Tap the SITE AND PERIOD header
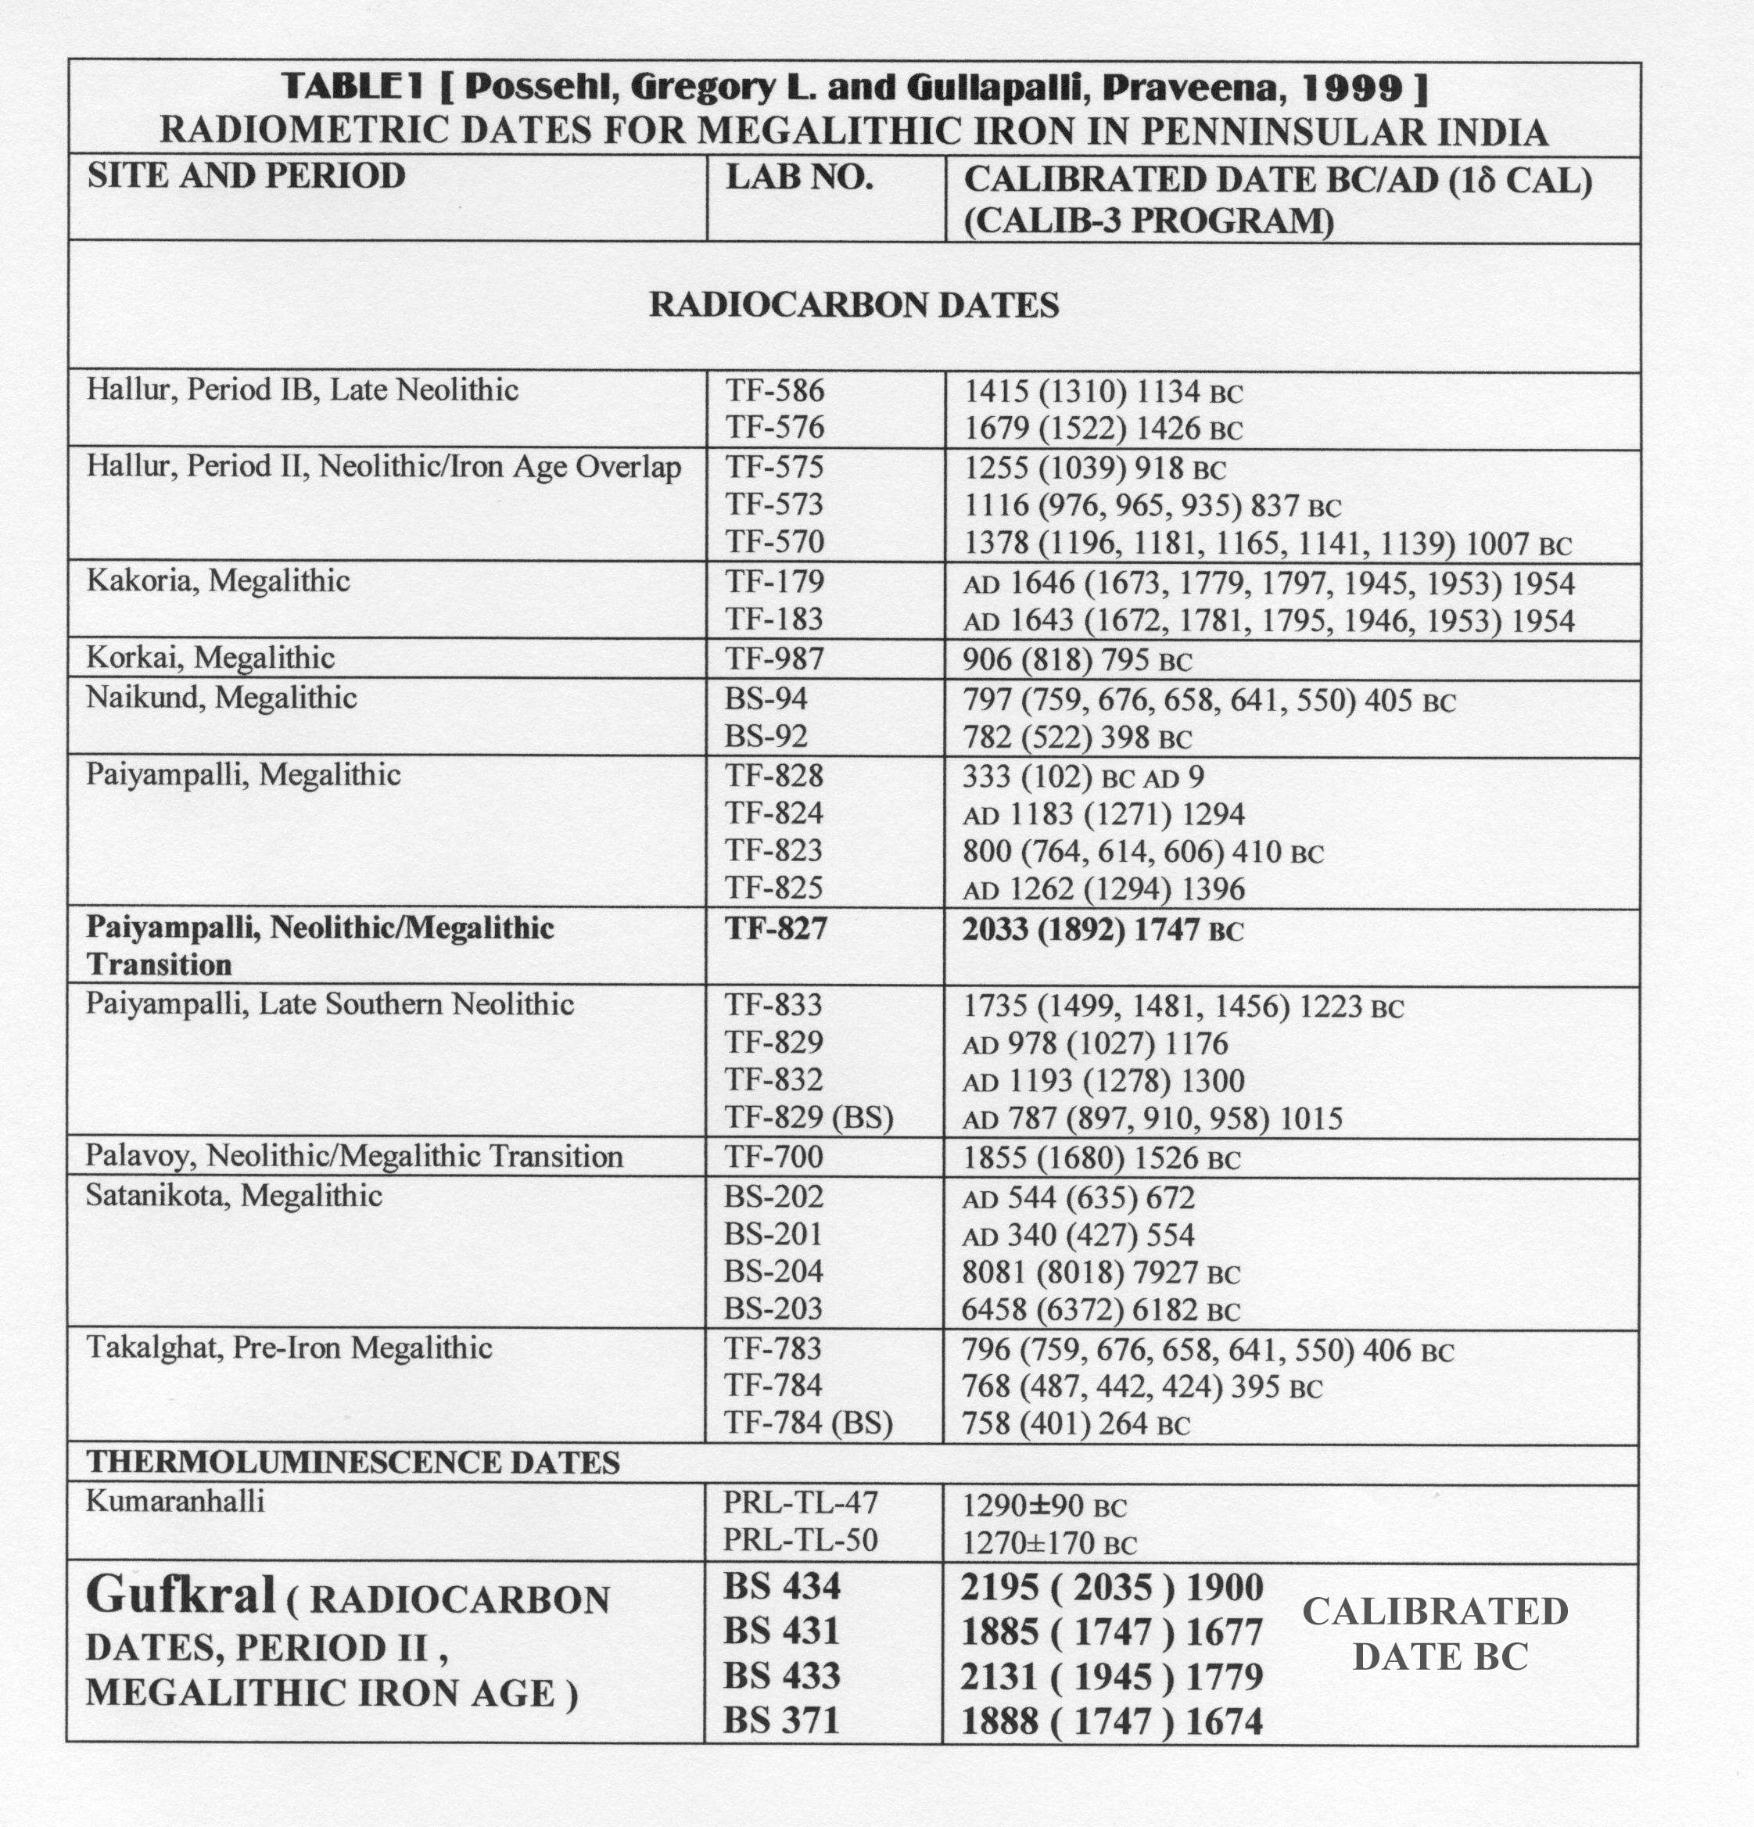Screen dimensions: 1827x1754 pos(246,176)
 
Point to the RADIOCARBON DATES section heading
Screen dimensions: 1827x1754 pos(854,305)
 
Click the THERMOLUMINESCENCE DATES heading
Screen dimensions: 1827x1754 pos(353,1462)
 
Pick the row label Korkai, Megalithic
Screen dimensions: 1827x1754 pos(210,658)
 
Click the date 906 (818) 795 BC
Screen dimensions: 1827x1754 pos(1077,660)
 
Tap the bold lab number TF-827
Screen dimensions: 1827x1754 pos(776,928)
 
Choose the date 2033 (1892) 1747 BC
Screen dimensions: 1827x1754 pos(1102,929)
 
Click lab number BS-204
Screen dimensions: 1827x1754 pos(773,1272)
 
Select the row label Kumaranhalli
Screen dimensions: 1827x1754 pos(175,1501)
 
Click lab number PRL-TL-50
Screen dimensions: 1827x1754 pos(801,1540)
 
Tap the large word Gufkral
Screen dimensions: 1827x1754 pos(181,1595)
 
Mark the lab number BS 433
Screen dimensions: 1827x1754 pos(782,1676)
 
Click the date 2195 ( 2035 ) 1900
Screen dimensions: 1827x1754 pos(1112,1588)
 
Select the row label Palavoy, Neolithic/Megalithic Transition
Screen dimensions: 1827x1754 pos(354,1157)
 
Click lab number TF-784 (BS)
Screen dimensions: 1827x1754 pos(808,1423)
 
